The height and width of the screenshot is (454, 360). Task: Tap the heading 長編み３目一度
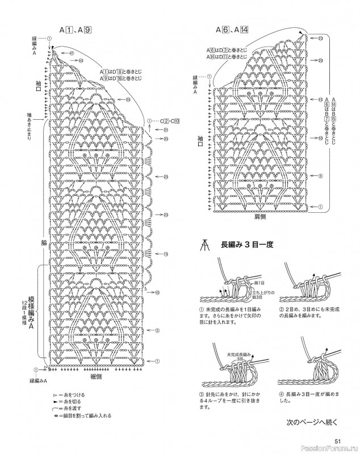(244, 245)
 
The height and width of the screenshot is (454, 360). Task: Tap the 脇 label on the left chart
(43, 242)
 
